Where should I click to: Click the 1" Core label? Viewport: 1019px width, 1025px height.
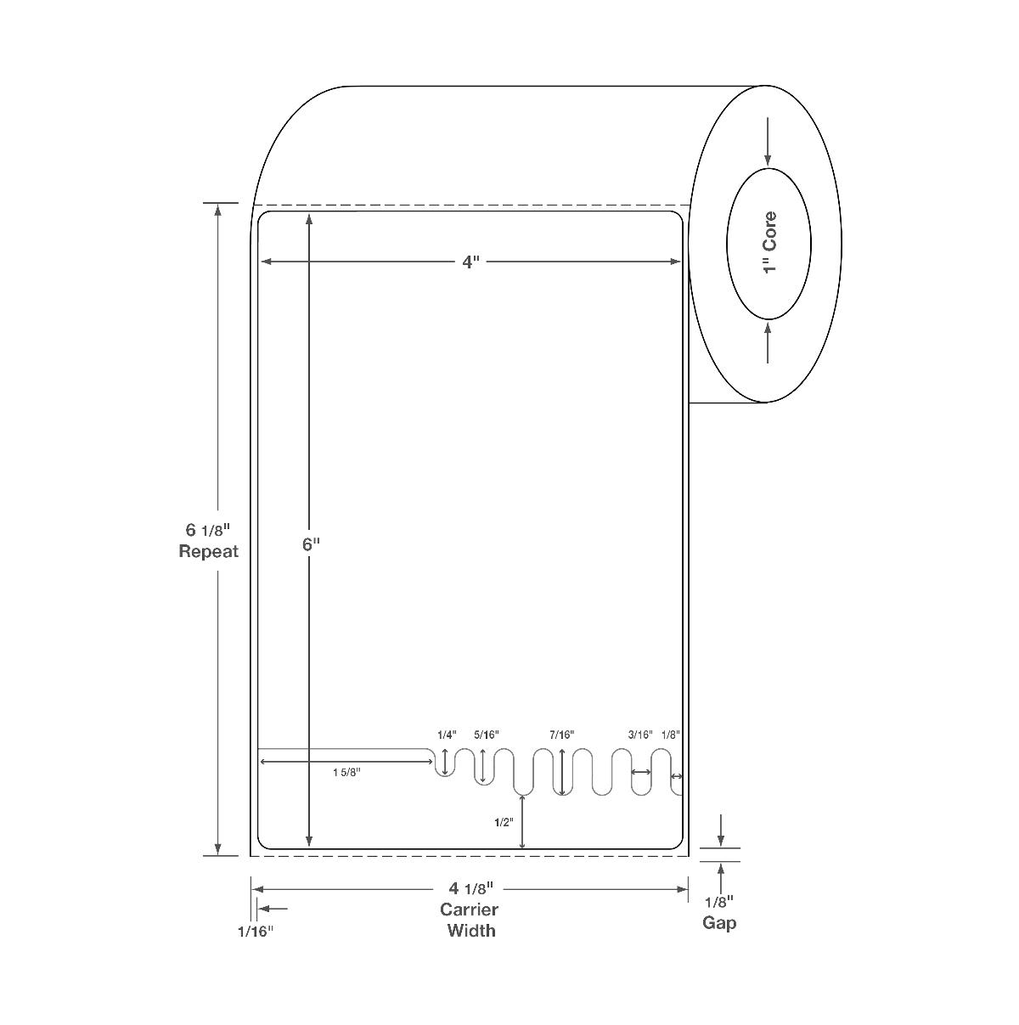(x=769, y=243)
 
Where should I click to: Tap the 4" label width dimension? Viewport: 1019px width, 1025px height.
(x=470, y=262)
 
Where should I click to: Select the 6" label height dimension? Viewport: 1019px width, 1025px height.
(x=311, y=544)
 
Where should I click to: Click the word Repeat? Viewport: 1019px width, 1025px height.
(x=208, y=551)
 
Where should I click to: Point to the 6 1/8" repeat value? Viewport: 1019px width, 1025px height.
(x=207, y=530)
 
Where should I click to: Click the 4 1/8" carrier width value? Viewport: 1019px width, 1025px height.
(x=471, y=887)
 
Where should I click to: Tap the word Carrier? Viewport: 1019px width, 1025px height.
(x=469, y=909)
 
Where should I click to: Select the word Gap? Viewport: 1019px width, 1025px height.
(x=719, y=923)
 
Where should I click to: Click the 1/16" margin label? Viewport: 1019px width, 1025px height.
(x=256, y=932)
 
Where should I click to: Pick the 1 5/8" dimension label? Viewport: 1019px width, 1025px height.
(x=346, y=772)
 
